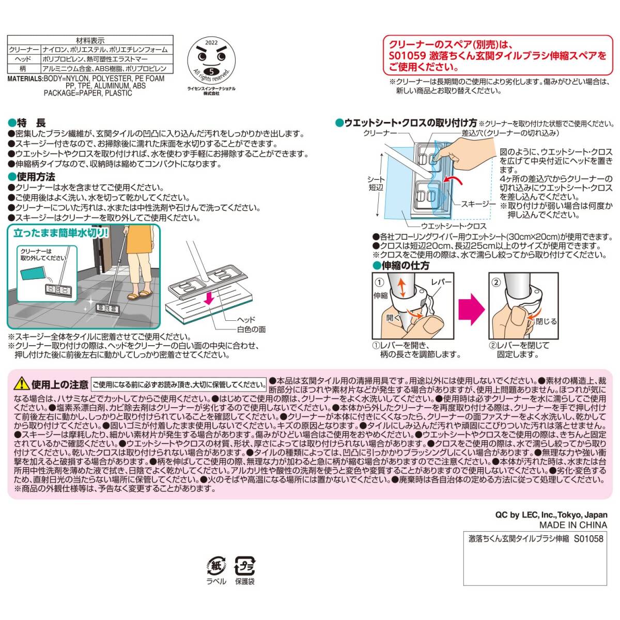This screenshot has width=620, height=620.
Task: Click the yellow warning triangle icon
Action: [21, 383]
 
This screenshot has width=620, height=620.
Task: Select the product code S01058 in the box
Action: [588, 538]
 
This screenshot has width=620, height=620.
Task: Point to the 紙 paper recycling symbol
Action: [216, 566]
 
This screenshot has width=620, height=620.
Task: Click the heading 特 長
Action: [31, 123]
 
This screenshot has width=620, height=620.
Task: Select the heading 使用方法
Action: [36, 177]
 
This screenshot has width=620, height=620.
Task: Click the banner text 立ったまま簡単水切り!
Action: [61, 233]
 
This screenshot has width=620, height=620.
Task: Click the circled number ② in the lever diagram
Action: [496, 282]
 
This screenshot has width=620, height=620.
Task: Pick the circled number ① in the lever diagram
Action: [379, 282]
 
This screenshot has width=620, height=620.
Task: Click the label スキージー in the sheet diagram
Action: [478, 204]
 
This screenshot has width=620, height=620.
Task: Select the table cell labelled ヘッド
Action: [24, 59]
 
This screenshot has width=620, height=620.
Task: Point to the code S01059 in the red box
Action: [408, 56]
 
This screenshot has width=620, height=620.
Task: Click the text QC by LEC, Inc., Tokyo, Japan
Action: [551, 515]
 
